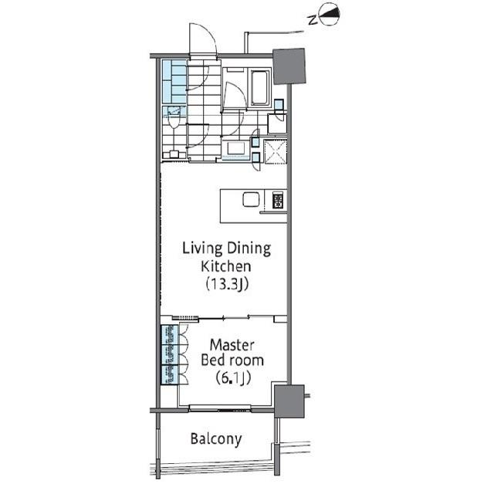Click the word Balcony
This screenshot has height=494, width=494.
216,439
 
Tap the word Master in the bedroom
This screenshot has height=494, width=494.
232,345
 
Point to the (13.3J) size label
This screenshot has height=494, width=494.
227,284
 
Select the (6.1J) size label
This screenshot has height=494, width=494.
233,377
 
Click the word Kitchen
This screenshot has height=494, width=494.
226,266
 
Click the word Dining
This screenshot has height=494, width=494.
249,249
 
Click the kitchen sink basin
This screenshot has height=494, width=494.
251,199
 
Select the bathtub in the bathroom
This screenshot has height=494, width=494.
260,87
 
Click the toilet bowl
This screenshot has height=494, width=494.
173,118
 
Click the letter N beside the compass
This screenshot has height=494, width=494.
312,21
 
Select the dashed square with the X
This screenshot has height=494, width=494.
276,152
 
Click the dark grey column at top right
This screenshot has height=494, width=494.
289,66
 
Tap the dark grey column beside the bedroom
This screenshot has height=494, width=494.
289,401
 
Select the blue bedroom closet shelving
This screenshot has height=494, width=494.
169,355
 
